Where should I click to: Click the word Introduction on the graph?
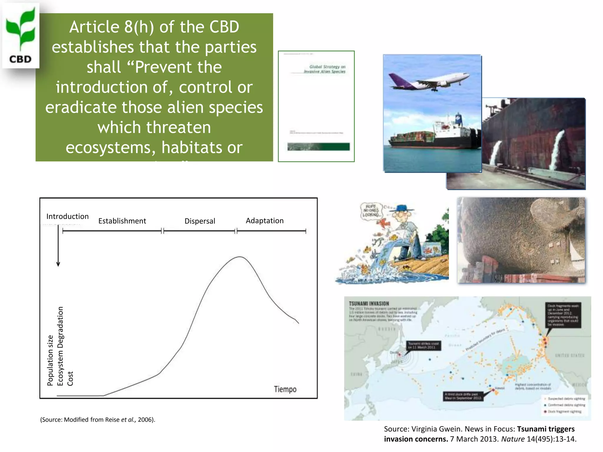coord(67,216)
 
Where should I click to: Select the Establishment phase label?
coord(122,221)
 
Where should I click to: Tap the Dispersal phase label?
coord(200,221)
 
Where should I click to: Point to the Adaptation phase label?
coord(264,221)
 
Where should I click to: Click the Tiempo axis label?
coord(285,389)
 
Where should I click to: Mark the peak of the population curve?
coord(240,257)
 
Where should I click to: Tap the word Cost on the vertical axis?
coord(70,378)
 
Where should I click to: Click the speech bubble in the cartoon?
coord(371,211)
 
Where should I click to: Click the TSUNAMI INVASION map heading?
coord(369,303)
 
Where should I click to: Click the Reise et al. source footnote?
coord(97,420)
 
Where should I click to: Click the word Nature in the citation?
coord(513,439)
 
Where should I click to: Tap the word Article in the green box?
coord(94,27)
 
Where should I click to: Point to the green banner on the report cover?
coord(318,147)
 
